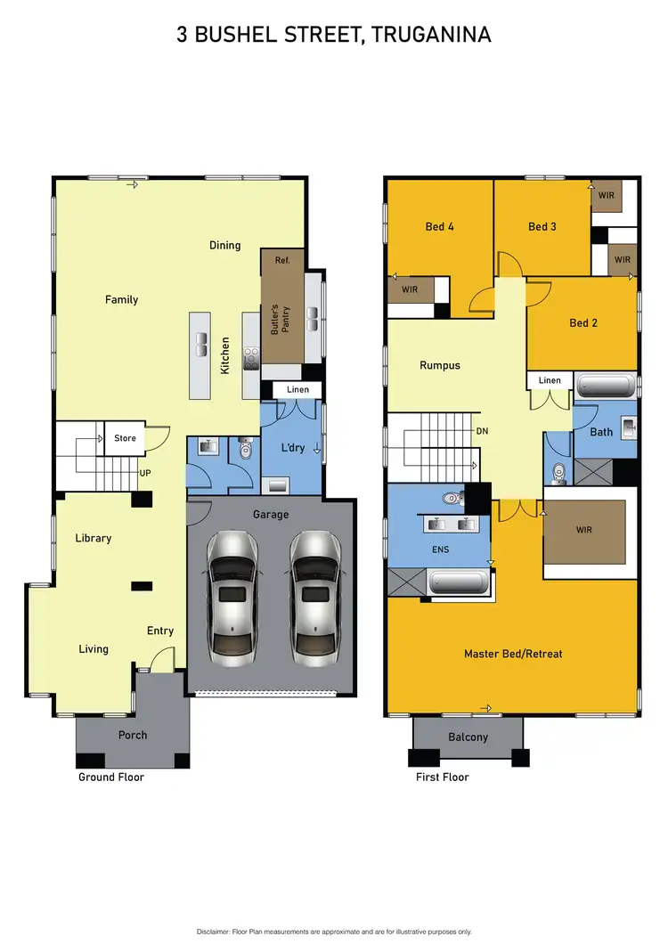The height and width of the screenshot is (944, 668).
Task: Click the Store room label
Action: pos(125,438)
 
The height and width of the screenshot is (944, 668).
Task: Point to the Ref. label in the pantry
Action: pos(282,260)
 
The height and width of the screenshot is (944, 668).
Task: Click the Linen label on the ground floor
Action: pos(297,390)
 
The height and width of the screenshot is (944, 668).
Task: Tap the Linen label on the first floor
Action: pos(550,380)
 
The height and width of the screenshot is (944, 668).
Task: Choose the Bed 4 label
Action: pos(439,226)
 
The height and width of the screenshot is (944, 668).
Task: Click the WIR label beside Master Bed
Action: pos(584,530)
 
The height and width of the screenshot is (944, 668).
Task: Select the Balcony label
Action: pos(468,736)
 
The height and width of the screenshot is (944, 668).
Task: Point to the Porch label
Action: pos(133,735)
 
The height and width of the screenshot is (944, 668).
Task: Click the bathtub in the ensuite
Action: pos(459,583)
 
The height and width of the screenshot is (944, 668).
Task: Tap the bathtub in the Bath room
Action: pos(606,386)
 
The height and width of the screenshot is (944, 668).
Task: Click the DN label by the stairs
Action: pos(482,431)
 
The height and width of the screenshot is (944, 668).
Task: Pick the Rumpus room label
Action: pos(440,365)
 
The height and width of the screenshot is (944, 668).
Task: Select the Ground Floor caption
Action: pos(110,777)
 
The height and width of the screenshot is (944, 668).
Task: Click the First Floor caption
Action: pos(443,777)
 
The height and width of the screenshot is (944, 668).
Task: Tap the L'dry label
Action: pos(293,447)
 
